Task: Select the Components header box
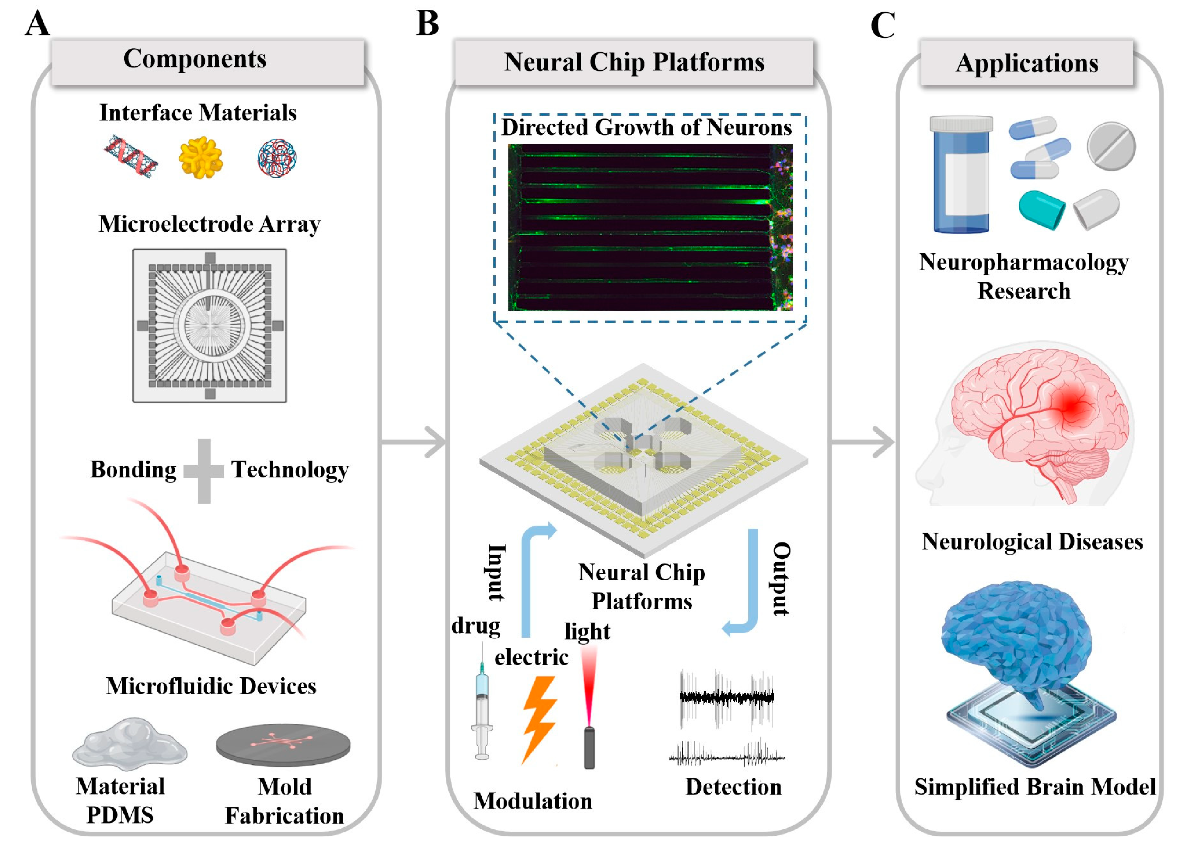(x=207, y=61)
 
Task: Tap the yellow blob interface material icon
(x=200, y=157)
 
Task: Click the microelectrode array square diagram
(x=209, y=325)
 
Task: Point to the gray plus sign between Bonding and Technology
(x=204, y=470)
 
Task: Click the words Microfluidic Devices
(x=211, y=686)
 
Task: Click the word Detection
(x=733, y=787)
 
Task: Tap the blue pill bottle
(x=961, y=174)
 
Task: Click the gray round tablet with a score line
(x=1111, y=147)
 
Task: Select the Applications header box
(x=1026, y=62)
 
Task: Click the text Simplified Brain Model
(x=1035, y=787)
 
